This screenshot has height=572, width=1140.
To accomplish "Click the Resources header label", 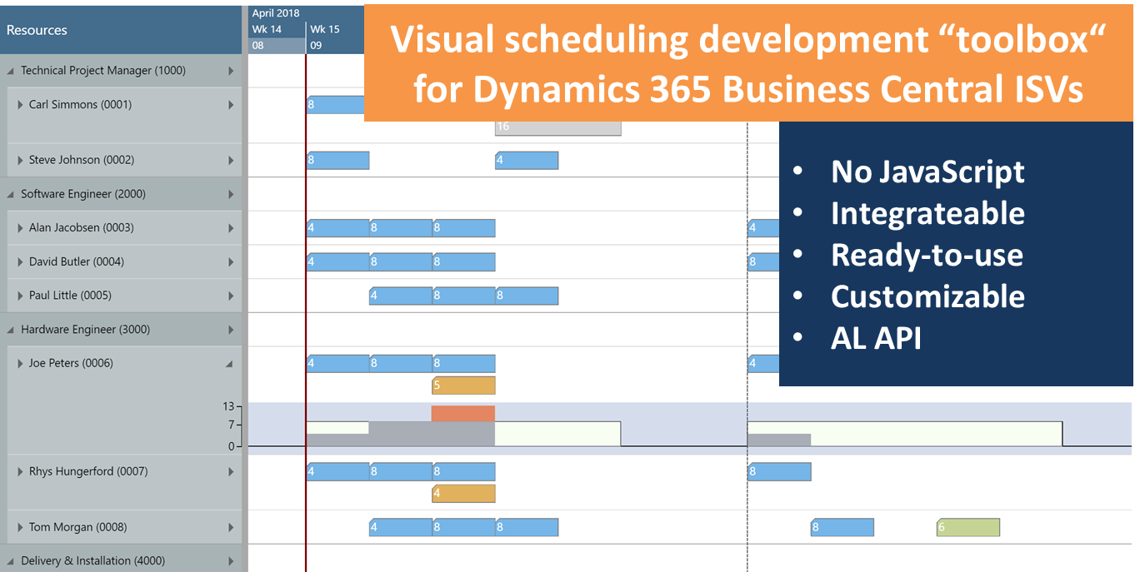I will (x=37, y=30).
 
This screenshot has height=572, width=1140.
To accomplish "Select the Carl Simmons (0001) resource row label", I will (x=80, y=105).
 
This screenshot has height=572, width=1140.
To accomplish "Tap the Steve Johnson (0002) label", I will (x=82, y=160).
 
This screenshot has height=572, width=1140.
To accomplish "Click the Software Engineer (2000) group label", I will (x=83, y=194).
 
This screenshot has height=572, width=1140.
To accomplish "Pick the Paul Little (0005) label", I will (x=70, y=296).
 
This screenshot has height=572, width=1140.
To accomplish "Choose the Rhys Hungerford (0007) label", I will (x=87, y=471).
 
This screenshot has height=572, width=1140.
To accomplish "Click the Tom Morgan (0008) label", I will (x=78, y=527).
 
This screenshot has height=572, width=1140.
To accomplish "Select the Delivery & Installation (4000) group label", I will (x=92, y=561).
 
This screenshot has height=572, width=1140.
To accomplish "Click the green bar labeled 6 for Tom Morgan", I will (x=968, y=527).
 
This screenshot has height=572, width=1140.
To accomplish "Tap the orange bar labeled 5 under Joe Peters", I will (x=463, y=385).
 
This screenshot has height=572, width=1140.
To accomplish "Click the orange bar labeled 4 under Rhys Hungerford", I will (x=463, y=494).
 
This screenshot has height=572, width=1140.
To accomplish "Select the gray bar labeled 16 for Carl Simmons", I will (x=557, y=127).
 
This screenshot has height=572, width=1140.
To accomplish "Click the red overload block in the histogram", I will (x=463, y=413).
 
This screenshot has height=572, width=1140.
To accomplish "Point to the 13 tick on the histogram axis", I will (x=228, y=406).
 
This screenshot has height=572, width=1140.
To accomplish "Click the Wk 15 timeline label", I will (x=325, y=29).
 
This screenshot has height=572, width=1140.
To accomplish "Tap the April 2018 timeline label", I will (x=276, y=12).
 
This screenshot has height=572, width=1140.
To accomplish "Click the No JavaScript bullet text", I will (x=927, y=172).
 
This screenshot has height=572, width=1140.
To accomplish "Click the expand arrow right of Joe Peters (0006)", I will (x=229, y=364).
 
